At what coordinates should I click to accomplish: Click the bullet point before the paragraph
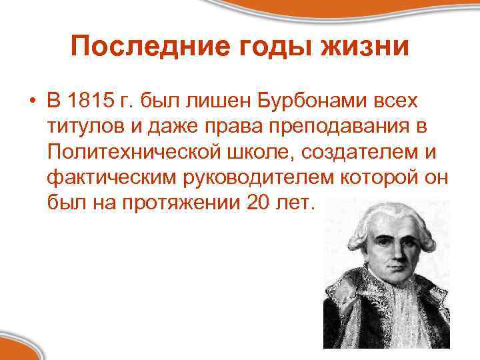tap(32, 102)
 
